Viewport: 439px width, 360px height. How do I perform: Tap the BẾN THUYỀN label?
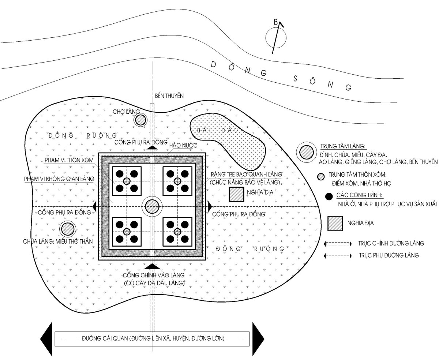(169, 95)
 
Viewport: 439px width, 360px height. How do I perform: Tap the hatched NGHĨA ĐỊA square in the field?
(236, 195)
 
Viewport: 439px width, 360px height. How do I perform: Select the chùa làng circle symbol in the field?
(67, 229)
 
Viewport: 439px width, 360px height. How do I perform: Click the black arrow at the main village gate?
(152, 266)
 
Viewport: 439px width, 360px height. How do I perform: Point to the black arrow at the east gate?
(210, 206)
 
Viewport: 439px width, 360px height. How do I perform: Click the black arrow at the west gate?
(94, 206)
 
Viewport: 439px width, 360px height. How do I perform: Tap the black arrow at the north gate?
(152, 147)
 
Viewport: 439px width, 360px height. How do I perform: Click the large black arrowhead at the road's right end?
(258, 338)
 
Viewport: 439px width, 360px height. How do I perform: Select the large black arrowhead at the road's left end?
(46, 338)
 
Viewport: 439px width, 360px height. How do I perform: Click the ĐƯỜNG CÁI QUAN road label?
(153, 338)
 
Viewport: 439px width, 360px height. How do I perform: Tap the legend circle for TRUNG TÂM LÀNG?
(306, 152)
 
